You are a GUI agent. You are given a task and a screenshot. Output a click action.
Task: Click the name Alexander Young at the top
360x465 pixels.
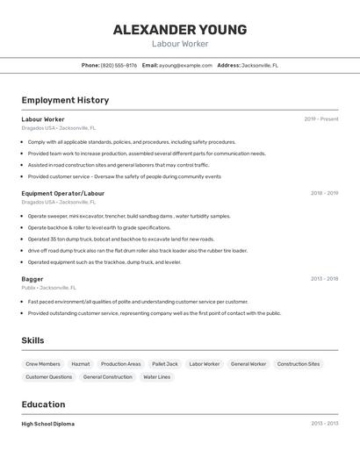click(180, 30)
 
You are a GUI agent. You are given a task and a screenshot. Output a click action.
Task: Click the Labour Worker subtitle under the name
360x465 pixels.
click(180, 44)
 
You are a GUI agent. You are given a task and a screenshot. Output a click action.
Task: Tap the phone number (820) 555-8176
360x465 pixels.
click(119, 65)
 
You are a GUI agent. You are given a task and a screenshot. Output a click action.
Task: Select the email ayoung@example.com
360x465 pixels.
click(185, 65)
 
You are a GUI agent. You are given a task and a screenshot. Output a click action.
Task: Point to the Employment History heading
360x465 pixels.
click(65, 100)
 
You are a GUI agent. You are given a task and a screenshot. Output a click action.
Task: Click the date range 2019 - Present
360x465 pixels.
click(321, 119)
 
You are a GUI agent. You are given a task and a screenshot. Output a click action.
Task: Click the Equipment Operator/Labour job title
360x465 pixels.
click(62, 193)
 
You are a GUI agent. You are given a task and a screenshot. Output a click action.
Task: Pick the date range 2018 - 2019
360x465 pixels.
click(324, 193)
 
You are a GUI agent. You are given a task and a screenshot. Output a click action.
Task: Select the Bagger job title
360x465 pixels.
click(32, 279)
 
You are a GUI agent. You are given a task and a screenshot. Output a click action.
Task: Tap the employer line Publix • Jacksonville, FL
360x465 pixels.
click(49, 288)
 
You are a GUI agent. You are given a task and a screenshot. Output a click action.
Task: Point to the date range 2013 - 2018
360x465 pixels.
click(324, 279)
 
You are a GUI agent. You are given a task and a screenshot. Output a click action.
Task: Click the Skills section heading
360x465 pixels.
click(32, 340)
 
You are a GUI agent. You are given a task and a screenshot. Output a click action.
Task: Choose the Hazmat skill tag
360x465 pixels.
click(81, 364)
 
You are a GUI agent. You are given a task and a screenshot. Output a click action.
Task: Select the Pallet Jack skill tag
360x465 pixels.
click(165, 364)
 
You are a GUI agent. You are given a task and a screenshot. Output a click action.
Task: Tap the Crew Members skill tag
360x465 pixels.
click(43, 364)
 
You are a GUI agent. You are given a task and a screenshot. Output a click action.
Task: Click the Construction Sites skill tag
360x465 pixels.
click(299, 364)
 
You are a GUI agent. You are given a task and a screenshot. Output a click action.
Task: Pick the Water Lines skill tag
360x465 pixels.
click(157, 377)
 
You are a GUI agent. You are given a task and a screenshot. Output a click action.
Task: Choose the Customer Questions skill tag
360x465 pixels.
click(48, 377)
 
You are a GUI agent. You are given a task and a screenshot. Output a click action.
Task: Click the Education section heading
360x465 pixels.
click(43, 404)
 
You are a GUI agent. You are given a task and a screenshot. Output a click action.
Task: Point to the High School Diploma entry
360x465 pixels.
click(47, 424)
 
